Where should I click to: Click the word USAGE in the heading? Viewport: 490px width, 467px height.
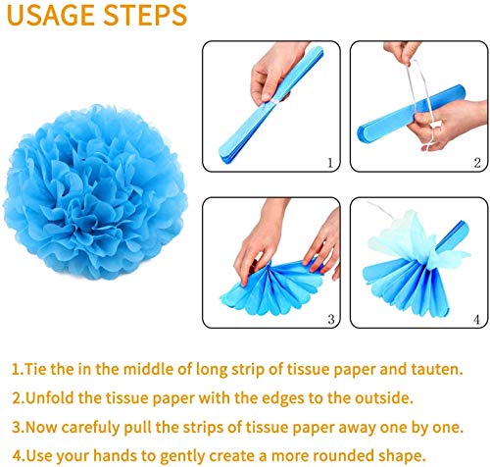51,15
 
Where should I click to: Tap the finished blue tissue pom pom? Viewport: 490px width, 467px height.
95,192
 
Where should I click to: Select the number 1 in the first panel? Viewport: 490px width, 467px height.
330,163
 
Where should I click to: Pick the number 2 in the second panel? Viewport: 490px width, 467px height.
477,163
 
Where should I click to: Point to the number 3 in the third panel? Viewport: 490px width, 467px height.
331,319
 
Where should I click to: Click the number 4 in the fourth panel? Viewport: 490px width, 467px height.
476,319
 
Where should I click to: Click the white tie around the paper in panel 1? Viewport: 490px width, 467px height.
272,100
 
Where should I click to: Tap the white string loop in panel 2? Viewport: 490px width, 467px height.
420,105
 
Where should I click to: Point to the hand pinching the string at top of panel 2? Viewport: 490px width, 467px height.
401,52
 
